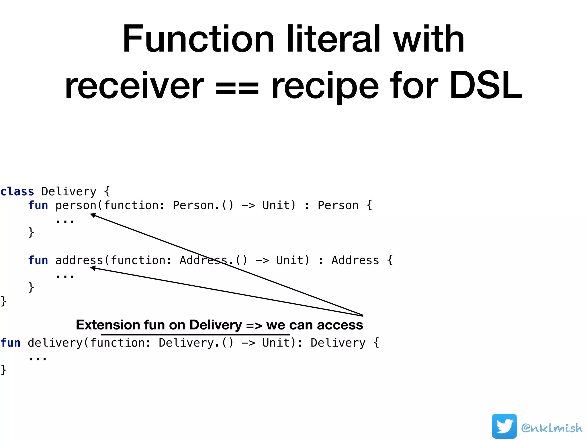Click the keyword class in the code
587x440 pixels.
click(x=17, y=191)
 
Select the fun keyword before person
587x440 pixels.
click(x=38, y=205)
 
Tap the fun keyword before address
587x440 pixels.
click(x=38, y=260)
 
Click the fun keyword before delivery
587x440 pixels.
click(x=10, y=343)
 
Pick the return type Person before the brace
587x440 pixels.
click(x=338, y=205)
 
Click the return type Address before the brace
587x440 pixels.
click(x=355, y=260)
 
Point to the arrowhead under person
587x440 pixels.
click(x=93, y=215)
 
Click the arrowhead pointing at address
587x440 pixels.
click(x=93, y=268)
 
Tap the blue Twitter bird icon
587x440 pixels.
click(x=504, y=426)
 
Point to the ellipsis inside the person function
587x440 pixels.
click(x=65, y=221)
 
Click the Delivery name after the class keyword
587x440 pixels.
click(x=69, y=191)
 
